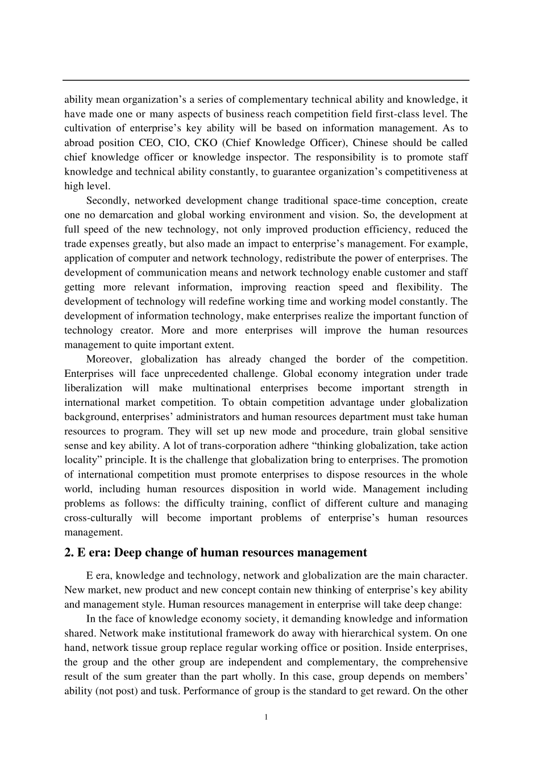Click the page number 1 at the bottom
[266, 717]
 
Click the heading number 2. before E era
[69, 553]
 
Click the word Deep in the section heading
[135, 553]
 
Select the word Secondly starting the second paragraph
[107, 201]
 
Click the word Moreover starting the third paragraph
[109, 359]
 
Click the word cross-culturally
[98, 518]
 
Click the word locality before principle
[80, 460]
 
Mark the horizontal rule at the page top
[266, 80]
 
